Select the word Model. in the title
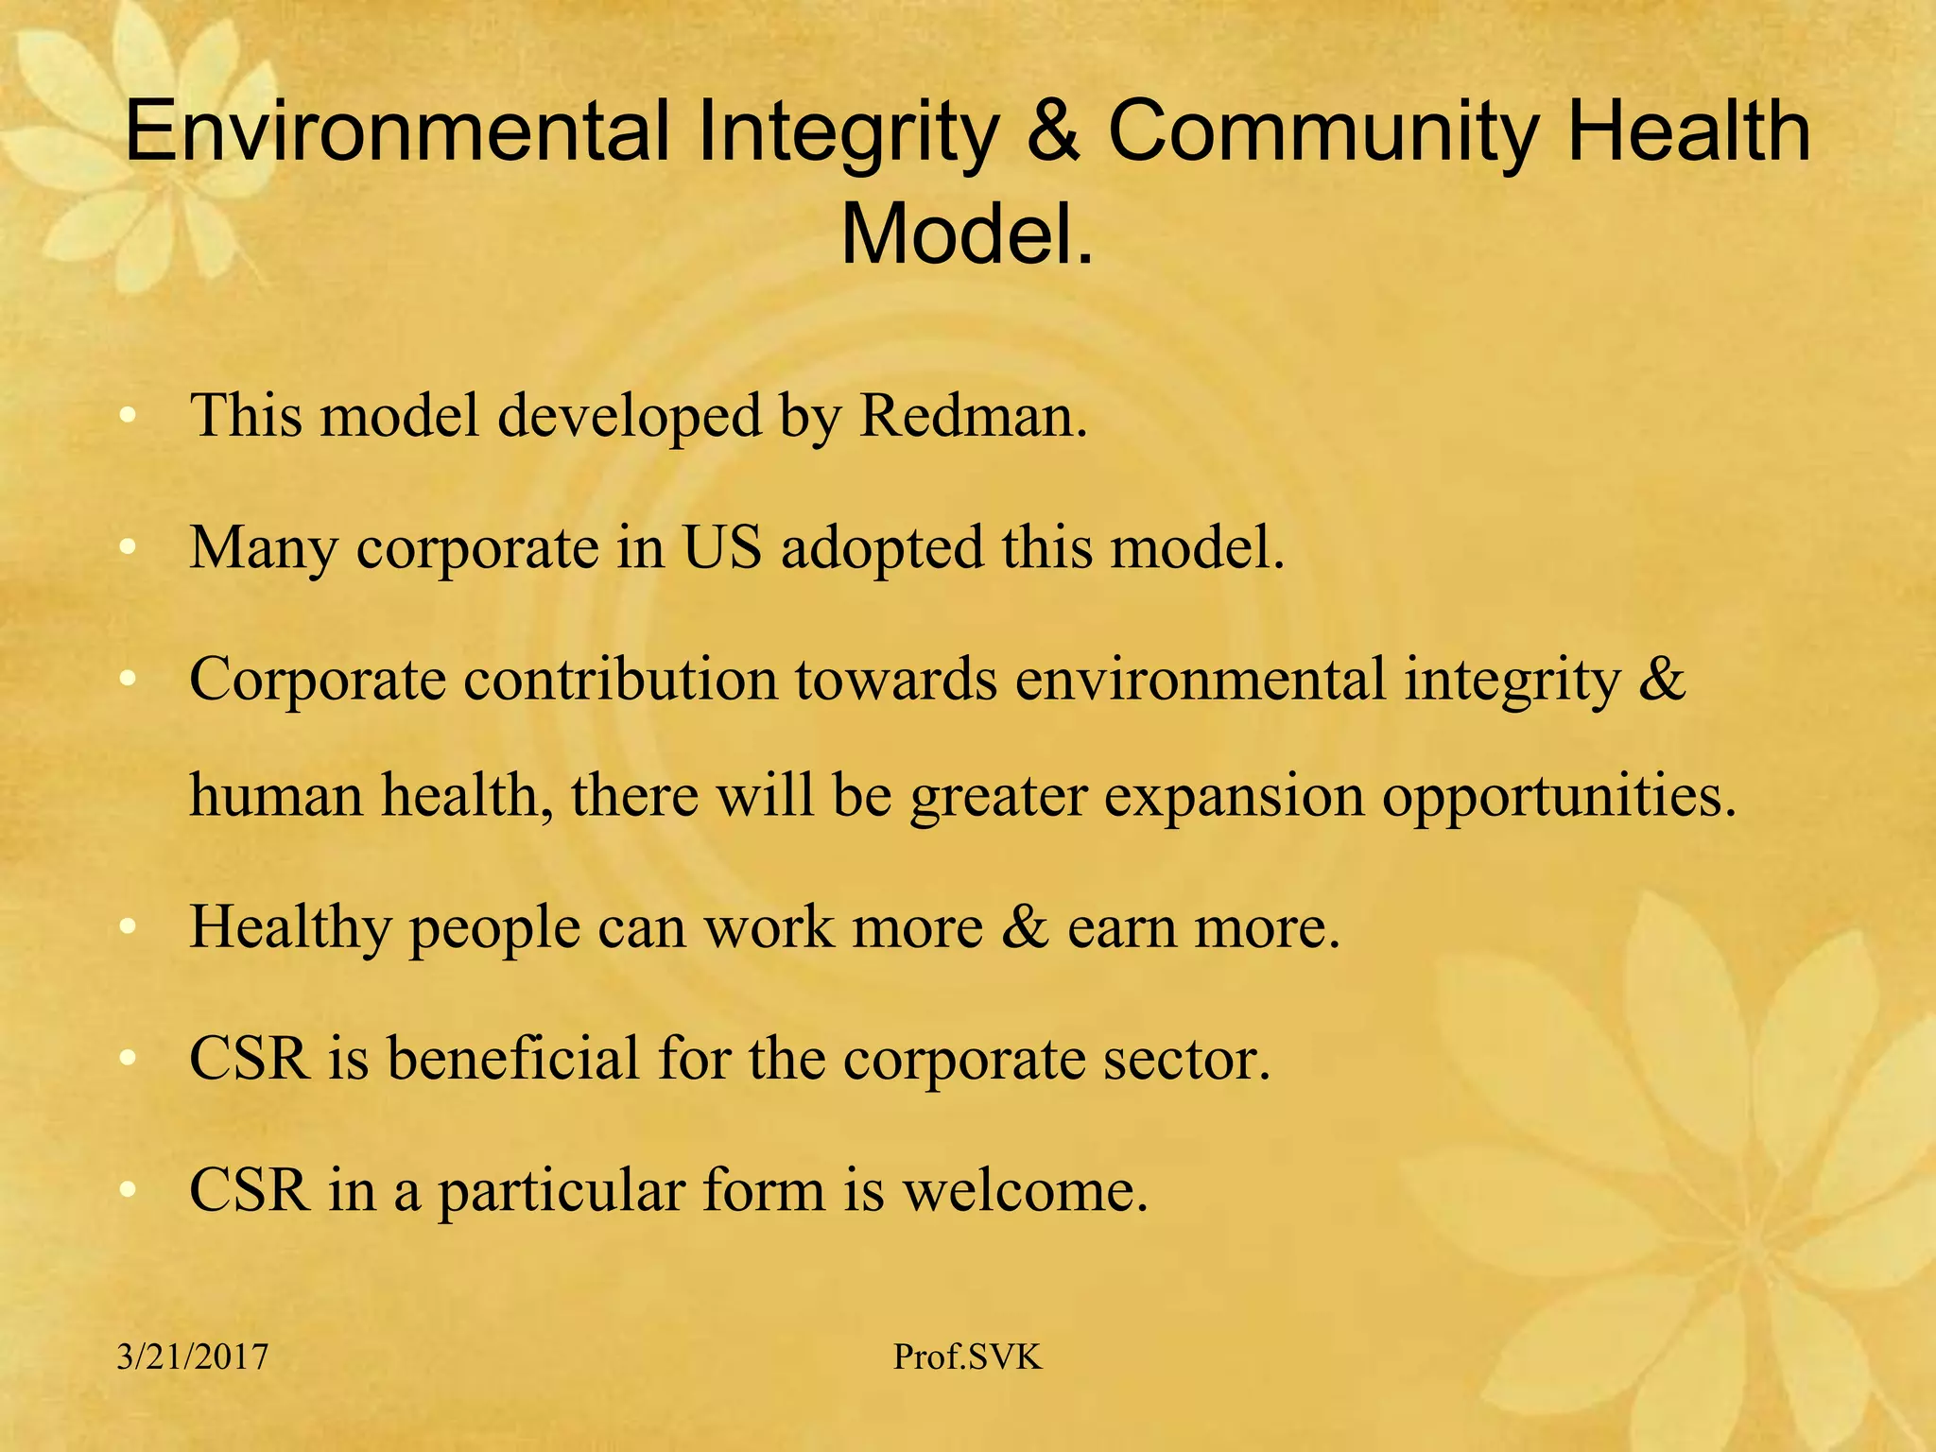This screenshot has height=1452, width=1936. point(967,233)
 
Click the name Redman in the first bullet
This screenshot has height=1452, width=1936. point(973,415)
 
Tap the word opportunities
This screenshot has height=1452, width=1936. point(1560,796)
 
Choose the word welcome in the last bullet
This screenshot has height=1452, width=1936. point(1025,1190)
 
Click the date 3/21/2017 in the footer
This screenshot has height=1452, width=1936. point(193,1357)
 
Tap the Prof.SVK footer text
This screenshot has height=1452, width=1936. point(967,1357)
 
